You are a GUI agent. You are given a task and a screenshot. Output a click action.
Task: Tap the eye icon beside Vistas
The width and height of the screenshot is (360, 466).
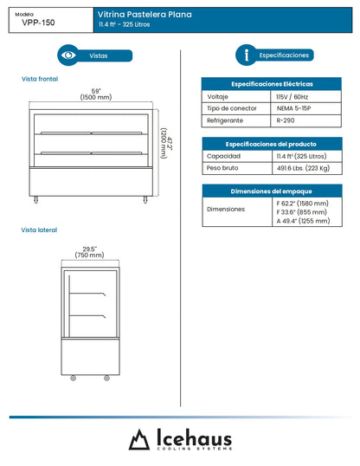(x=67, y=55)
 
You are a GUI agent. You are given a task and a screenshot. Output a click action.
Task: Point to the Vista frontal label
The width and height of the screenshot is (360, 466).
(x=40, y=79)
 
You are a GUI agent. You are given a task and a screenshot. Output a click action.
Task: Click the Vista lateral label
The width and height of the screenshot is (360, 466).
(x=39, y=230)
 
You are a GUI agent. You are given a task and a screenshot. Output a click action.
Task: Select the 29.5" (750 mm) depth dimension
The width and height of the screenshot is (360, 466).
(x=89, y=252)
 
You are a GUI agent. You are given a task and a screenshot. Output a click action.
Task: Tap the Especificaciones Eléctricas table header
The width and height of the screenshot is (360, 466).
(x=270, y=83)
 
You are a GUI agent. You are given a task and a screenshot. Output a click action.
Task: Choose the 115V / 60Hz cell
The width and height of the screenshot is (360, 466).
(x=293, y=97)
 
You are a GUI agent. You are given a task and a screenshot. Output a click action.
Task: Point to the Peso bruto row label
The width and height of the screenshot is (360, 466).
(x=222, y=168)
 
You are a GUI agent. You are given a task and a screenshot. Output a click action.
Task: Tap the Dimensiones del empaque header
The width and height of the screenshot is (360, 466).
(x=270, y=190)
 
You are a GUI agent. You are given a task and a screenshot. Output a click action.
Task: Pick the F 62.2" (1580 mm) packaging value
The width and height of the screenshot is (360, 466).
(x=302, y=203)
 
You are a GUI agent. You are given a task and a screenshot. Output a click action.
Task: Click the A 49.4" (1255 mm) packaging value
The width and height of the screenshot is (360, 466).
(x=302, y=220)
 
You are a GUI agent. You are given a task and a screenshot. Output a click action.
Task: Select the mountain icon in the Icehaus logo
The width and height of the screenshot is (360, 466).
(x=139, y=440)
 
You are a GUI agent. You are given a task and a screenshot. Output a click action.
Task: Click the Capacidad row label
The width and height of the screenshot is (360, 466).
(x=222, y=156)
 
